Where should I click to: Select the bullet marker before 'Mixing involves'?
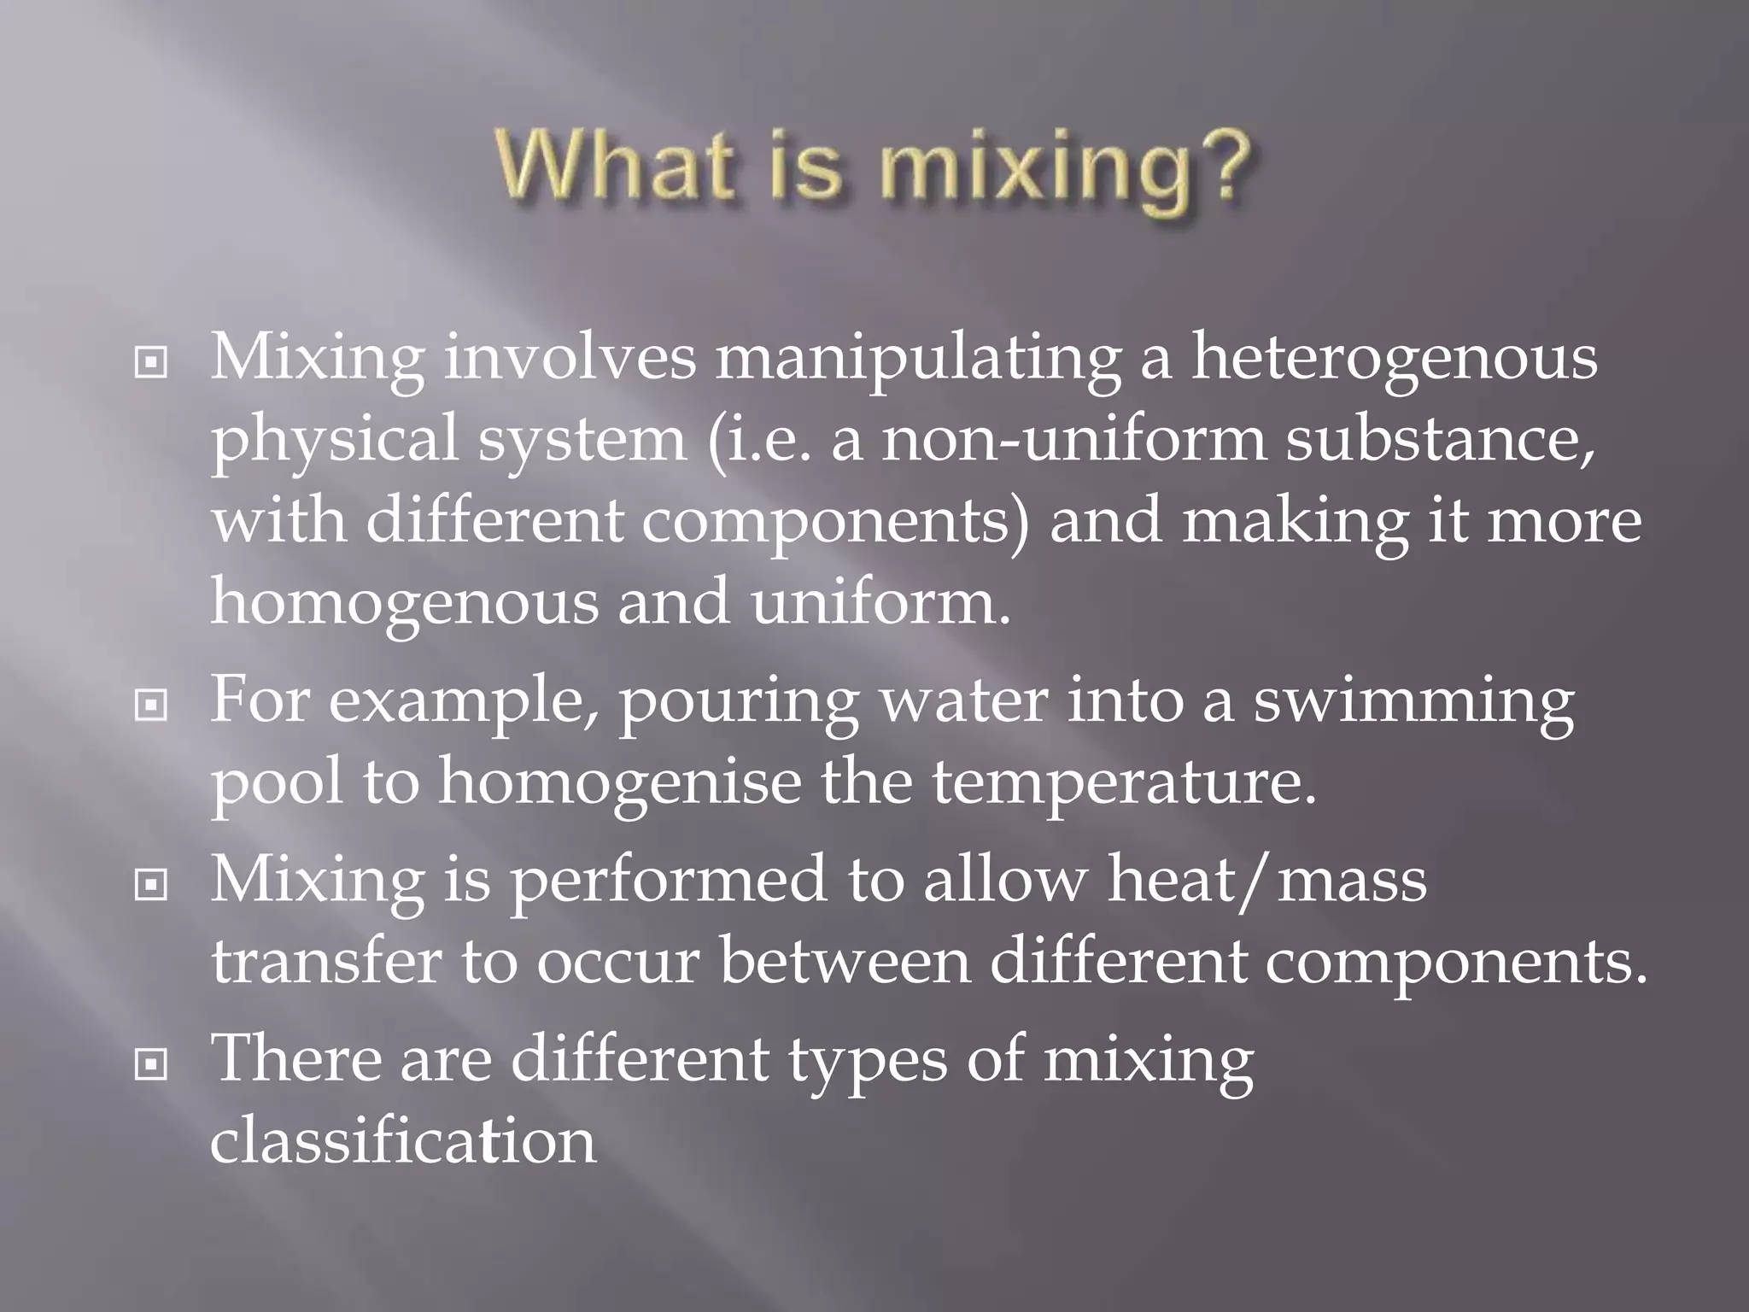point(151,364)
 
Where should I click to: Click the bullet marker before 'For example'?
point(151,706)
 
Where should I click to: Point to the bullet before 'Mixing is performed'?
point(151,885)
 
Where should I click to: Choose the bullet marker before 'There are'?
point(151,1064)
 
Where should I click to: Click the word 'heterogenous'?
point(1394,359)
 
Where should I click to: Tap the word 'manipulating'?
point(917,359)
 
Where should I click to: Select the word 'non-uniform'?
point(1073,440)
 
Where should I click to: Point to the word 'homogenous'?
point(404,602)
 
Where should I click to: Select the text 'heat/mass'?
point(1266,880)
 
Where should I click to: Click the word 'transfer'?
point(326,961)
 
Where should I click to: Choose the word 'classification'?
point(403,1140)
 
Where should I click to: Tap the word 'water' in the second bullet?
point(962,700)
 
